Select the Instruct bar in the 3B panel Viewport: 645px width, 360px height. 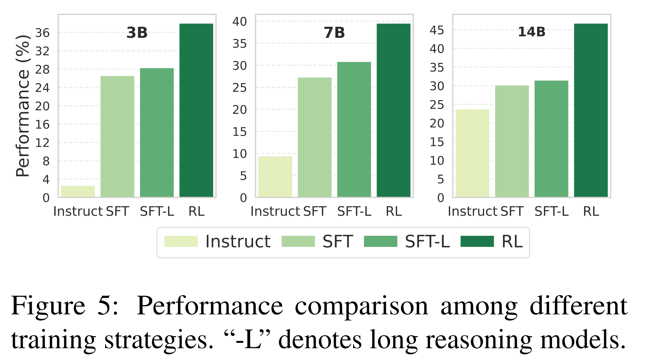pos(78,192)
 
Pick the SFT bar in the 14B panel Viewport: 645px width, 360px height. pos(512,141)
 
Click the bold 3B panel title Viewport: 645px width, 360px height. pos(137,33)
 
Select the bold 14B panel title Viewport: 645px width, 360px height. pos(532,32)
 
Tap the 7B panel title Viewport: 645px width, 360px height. pos(334,33)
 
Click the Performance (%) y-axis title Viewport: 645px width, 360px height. pos(23,106)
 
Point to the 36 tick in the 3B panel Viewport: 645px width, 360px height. pos(42,33)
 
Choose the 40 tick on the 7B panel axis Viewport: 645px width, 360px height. pos(239,22)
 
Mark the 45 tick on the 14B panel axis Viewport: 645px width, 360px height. pos(437,31)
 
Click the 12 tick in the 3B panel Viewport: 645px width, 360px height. pos(42,143)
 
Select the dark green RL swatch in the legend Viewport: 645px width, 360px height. pos(477,241)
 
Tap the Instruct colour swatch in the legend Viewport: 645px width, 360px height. pos(181,241)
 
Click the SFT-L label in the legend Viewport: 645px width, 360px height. pos(427,241)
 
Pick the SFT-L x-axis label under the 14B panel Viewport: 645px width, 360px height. pos(551,211)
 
